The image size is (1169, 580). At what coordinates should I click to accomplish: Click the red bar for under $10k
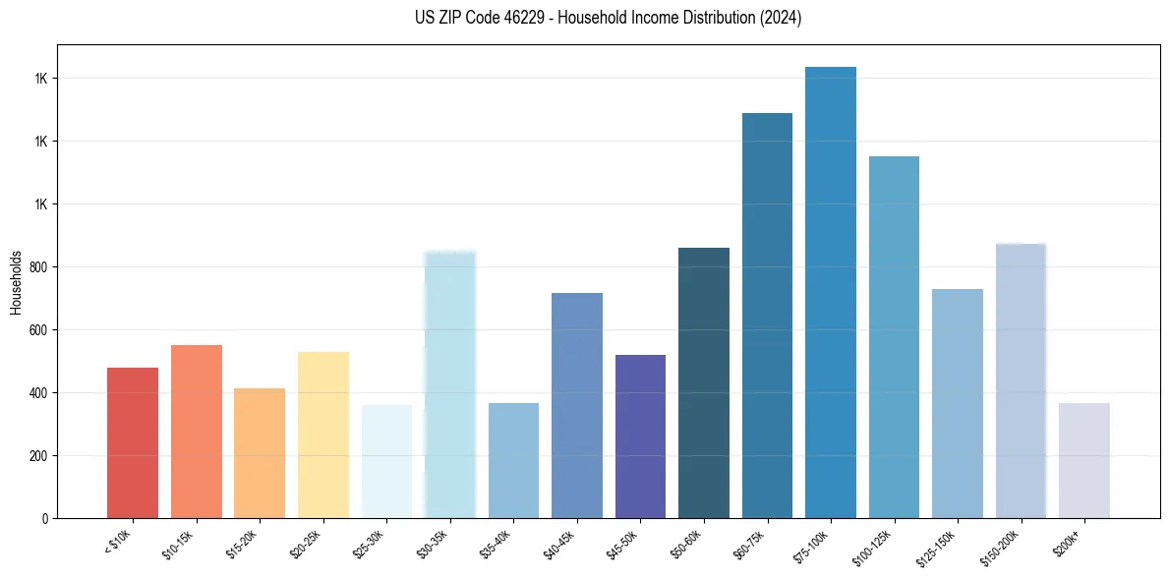coord(133,442)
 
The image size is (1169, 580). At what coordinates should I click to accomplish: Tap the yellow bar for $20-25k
coord(322,435)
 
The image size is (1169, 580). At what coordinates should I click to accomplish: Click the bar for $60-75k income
coord(767,315)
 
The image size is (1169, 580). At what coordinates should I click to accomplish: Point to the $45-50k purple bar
coord(640,435)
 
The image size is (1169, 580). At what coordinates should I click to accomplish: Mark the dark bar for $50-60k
coord(704,382)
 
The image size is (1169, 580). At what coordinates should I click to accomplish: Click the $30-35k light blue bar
coord(450,384)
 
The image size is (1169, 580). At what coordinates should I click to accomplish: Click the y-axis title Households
coord(16,281)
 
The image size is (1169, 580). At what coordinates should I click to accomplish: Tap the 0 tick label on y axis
coord(45,518)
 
